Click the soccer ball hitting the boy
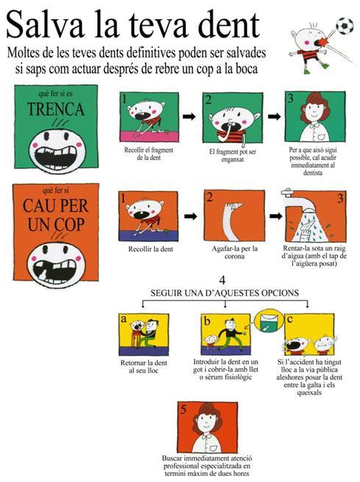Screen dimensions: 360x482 pos(345,26)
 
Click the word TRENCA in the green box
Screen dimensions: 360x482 pos(55,109)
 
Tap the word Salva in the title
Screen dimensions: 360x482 pos(45,24)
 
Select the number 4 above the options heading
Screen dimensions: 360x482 pos(222,280)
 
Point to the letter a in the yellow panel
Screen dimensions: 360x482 pos(123,319)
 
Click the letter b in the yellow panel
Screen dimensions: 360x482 pos(207,320)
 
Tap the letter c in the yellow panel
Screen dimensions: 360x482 pos(290,320)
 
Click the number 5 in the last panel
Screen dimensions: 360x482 pos(184,410)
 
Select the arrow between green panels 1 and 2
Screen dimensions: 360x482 pos(189,117)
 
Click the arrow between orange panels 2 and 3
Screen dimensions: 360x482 pos(276,216)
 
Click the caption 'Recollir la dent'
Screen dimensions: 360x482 pos(150,249)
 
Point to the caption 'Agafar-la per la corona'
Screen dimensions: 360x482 pos(235,252)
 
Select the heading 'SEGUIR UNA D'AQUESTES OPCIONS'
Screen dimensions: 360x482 pos(224,293)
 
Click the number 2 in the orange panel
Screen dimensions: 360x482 pos(210,197)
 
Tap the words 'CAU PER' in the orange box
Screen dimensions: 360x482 pos(55,205)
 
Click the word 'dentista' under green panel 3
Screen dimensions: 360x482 pos(313,173)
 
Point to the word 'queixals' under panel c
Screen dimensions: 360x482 pos(309,393)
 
